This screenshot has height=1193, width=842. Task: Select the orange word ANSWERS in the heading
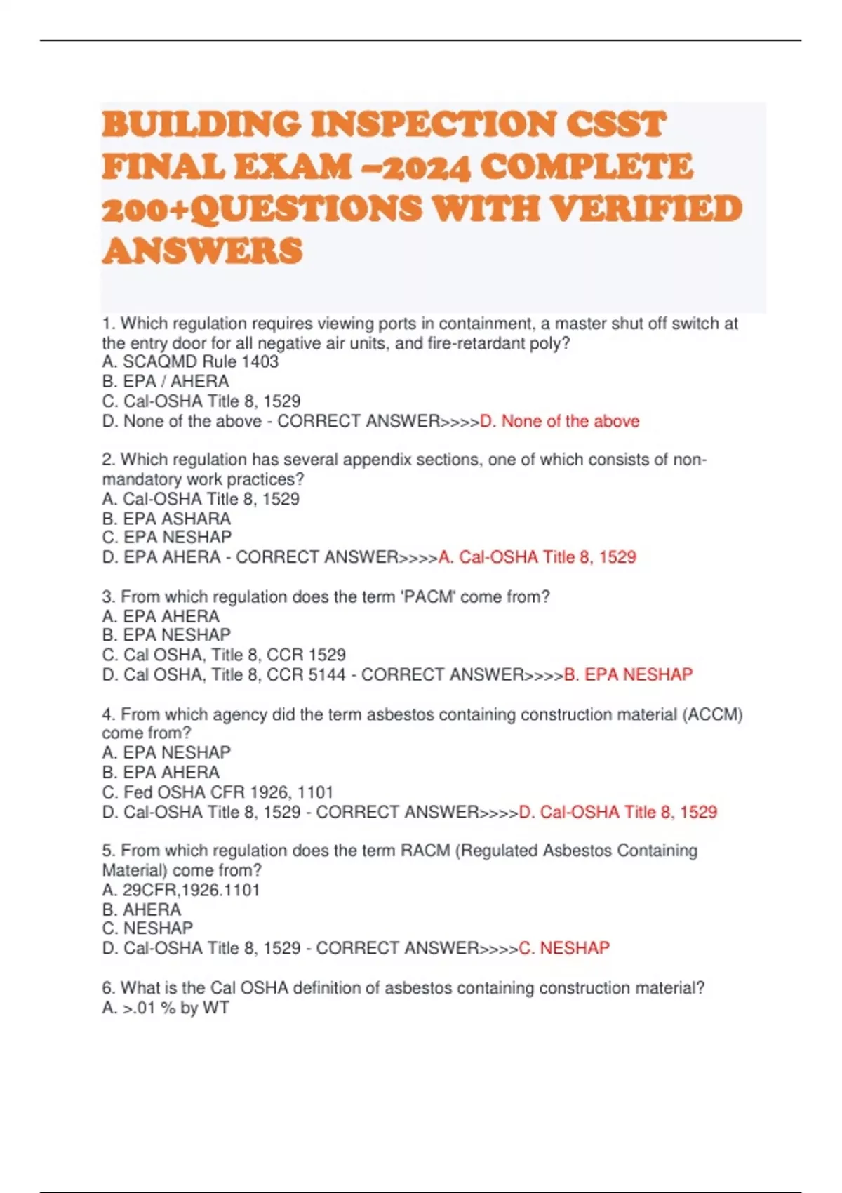[202, 251]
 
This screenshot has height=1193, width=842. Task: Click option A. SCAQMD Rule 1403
[190, 362]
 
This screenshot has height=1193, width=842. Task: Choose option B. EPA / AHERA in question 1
[166, 382]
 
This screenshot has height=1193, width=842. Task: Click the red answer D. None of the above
[559, 421]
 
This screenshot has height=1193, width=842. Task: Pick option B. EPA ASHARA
[166, 519]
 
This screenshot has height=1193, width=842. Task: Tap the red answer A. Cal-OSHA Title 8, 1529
[537, 557]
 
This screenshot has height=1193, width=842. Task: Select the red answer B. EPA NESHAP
[628, 674]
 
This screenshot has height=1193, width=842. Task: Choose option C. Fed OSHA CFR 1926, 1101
[218, 792]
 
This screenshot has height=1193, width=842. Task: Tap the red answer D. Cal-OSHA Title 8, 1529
[617, 812]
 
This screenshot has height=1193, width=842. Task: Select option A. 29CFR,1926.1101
[181, 890]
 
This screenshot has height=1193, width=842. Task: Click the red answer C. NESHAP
[563, 948]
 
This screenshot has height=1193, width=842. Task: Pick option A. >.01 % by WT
[166, 1008]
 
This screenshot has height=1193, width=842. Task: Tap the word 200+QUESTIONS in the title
[262, 208]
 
